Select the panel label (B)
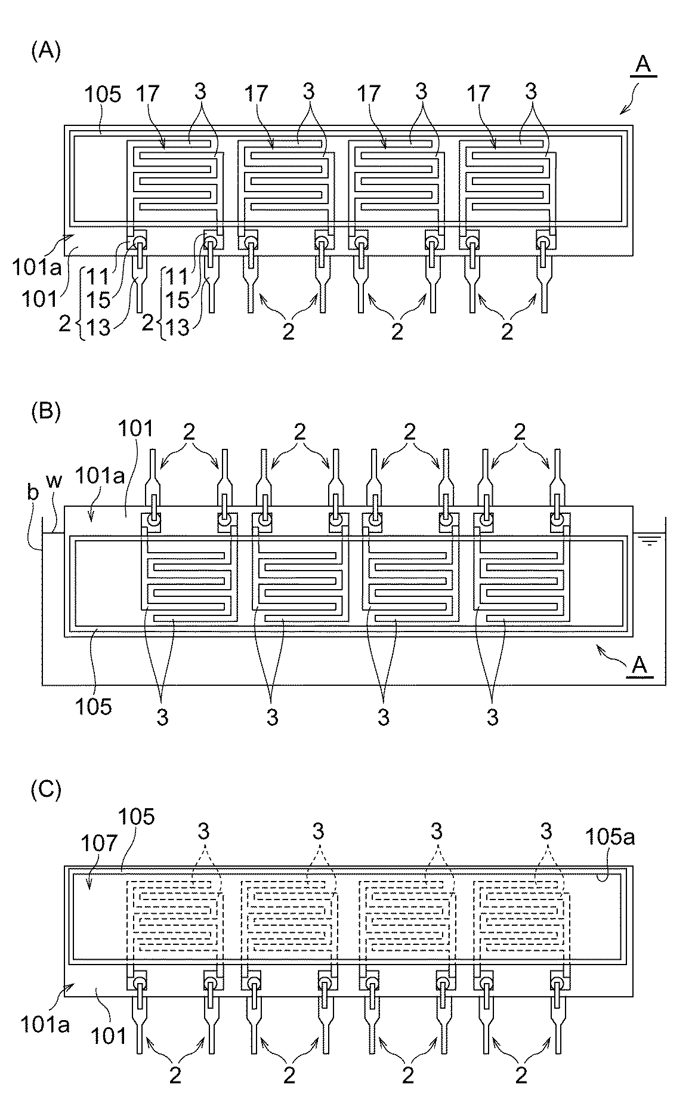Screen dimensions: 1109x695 click(45, 412)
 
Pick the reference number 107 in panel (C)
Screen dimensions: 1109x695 click(93, 843)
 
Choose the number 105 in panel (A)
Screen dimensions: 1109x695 click(103, 94)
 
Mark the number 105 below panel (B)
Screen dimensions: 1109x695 click(93, 706)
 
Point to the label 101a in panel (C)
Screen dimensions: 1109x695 click(45, 1025)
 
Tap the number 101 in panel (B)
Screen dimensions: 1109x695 click(136, 429)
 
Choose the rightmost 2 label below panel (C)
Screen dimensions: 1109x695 click(521, 1075)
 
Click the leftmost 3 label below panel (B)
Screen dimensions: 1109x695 click(162, 717)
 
